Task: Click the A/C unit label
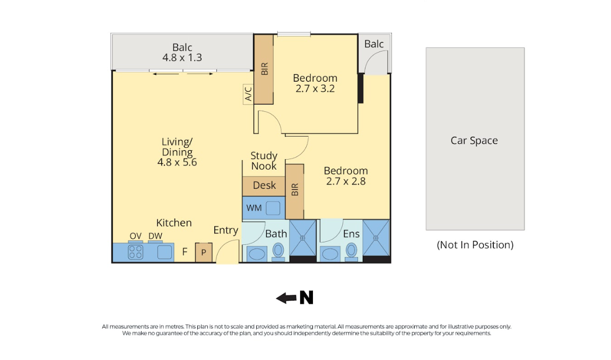(x=248, y=94)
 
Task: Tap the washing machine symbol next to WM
(x=273, y=208)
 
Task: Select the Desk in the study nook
(x=264, y=186)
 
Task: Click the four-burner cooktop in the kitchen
(x=136, y=252)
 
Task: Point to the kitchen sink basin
(x=165, y=252)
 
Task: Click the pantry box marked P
(x=204, y=252)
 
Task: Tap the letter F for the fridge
(x=185, y=252)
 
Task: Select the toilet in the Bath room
(x=278, y=252)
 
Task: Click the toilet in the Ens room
(x=351, y=252)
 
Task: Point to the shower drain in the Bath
(x=302, y=238)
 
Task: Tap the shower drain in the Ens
(x=376, y=238)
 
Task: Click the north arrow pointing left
(x=286, y=298)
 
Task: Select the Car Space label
(x=474, y=141)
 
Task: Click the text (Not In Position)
(x=475, y=244)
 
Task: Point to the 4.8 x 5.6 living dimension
(x=177, y=162)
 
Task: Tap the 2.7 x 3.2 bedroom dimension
(x=315, y=89)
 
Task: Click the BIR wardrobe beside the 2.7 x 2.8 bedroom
(x=294, y=191)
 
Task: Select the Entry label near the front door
(x=225, y=230)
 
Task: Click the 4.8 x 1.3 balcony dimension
(x=182, y=58)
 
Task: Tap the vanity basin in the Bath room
(x=257, y=254)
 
